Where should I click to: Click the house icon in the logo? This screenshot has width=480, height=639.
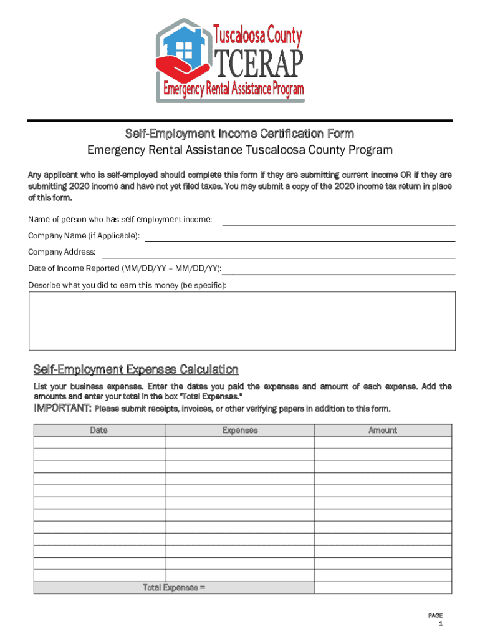click(185, 47)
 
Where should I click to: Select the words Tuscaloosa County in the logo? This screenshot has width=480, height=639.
click(258, 36)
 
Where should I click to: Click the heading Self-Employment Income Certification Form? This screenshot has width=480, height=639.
click(239, 133)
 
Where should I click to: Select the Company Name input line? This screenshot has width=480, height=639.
click(300, 236)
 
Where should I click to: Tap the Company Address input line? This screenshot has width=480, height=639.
click(278, 252)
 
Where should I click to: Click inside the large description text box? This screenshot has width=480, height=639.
click(242, 320)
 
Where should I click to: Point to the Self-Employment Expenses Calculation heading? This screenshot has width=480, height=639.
click(135, 369)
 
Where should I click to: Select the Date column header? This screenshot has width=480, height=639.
click(99, 430)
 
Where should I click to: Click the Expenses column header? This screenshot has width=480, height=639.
click(239, 430)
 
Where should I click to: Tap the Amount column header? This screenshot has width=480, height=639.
click(382, 430)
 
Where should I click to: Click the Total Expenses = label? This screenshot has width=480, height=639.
click(174, 587)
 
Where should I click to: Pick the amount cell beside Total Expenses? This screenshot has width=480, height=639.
click(382, 587)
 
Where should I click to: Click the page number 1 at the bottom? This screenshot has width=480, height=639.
click(440, 623)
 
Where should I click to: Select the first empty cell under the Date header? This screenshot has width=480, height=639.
click(99, 442)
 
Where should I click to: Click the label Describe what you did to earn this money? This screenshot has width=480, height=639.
click(127, 285)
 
